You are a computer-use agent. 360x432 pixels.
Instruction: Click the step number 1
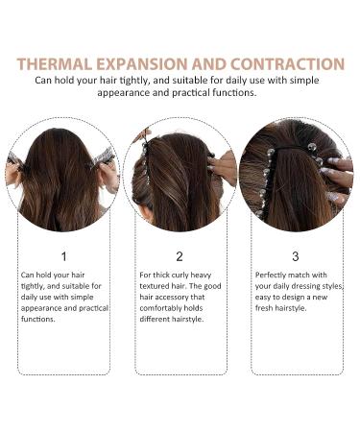63,256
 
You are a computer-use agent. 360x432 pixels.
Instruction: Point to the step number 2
180,256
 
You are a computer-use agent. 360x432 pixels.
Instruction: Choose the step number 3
295,256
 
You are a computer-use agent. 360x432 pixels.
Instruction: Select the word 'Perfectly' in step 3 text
275,275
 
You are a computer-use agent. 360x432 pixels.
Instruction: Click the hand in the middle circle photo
225,165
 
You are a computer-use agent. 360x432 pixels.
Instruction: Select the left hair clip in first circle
18,158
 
